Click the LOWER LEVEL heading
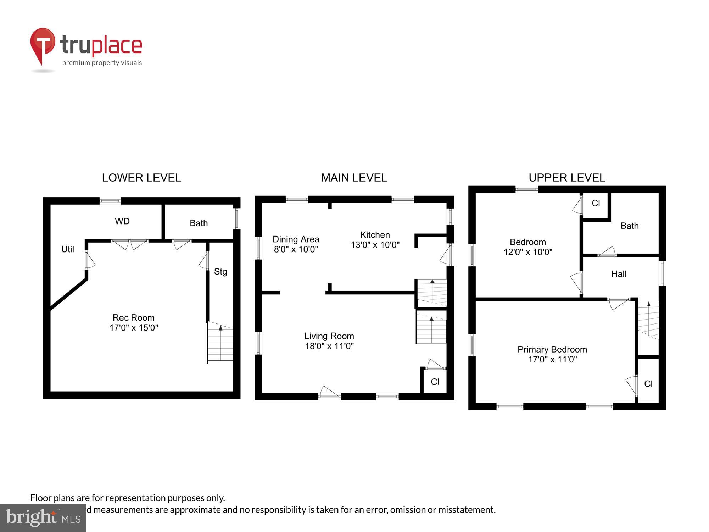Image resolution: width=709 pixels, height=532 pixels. pos(141,178)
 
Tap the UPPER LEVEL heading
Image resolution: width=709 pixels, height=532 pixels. pos(567,178)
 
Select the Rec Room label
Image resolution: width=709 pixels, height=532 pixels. pos(134,317)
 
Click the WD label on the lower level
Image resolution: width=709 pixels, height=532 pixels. pos(122,221)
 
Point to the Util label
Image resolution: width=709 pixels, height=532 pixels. pos(68,249)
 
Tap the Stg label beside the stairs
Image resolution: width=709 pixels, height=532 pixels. pos(220,272)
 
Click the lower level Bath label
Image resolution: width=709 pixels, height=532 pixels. pos(199,223)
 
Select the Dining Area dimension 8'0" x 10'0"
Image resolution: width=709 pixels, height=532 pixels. pos(296,249)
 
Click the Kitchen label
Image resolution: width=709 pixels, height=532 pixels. pos(375,235)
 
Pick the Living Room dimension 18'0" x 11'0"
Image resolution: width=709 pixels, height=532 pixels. pos(329,346)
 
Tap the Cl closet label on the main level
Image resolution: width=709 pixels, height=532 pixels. pos(435,382)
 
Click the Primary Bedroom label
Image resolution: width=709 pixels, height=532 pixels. pos(552,349)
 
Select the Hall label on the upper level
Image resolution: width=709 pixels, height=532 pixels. pos(619,274)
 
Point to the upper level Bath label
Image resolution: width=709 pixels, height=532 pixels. pos(630,226)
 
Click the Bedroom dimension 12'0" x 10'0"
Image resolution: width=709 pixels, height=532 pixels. pos(528,252)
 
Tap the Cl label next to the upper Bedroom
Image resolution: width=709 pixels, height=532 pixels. pos(596,203)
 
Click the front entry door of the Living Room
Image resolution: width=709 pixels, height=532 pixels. pos(330,393)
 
